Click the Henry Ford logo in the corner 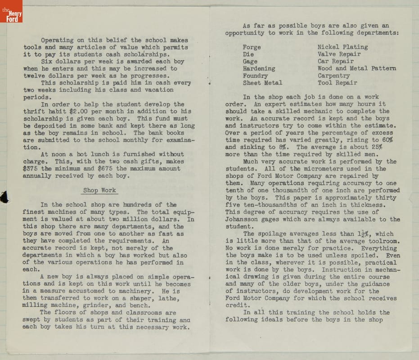(11, 11)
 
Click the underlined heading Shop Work (99, 190)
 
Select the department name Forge (252, 47)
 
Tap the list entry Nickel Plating (342, 47)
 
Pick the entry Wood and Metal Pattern (356, 68)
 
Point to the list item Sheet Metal (262, 83)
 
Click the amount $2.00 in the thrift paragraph (80, 111)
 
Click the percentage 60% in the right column (386, 140)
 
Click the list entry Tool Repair (337, 83)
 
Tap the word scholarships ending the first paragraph (138, 54)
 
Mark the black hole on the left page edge (5, 197)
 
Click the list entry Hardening (259, 68)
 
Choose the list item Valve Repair (339, 54)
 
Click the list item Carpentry (333, 76)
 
